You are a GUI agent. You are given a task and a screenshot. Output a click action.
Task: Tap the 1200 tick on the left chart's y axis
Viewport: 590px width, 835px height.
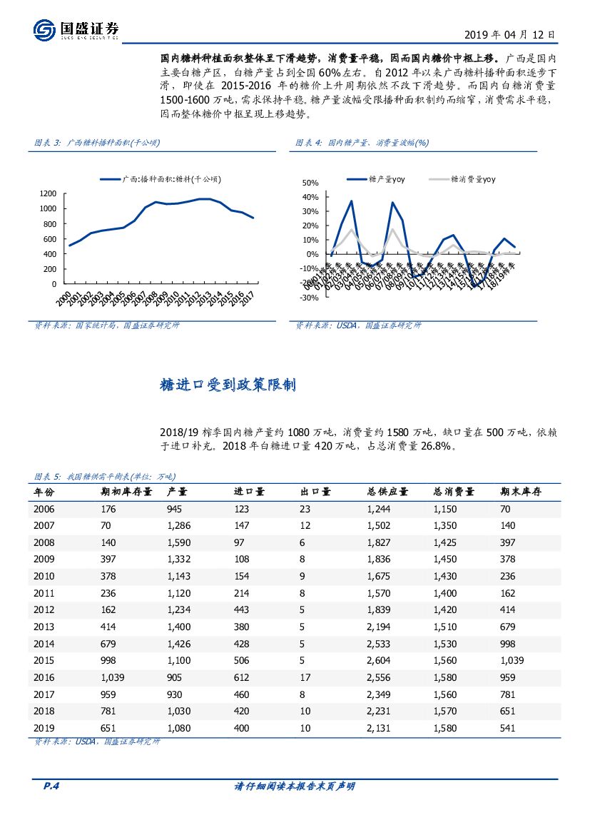[49, 193]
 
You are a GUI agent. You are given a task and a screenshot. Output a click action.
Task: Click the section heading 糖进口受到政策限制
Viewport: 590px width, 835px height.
[228, 386]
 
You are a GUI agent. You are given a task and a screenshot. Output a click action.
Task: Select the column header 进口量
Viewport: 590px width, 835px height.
[250, 492]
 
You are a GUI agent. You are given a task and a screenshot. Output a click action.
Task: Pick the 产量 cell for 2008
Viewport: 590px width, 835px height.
[178, 543]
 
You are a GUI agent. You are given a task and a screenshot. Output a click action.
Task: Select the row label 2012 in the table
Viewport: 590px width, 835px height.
[44, 609]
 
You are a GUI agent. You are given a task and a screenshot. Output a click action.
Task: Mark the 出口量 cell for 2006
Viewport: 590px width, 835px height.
[306, 510]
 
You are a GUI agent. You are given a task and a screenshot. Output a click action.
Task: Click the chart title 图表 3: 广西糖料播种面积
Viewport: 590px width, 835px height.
[98, 143]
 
